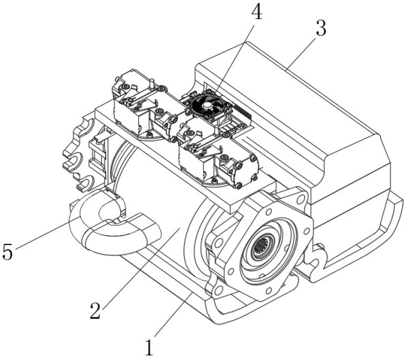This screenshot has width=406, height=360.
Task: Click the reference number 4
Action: tap(256, 13)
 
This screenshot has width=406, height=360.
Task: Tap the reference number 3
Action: tap(320, 29)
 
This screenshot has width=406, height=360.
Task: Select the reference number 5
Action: tap(7, 251)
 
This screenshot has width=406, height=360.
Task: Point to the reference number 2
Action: tap(95, 310)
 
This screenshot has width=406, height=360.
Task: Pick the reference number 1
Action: tap(150, 348)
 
